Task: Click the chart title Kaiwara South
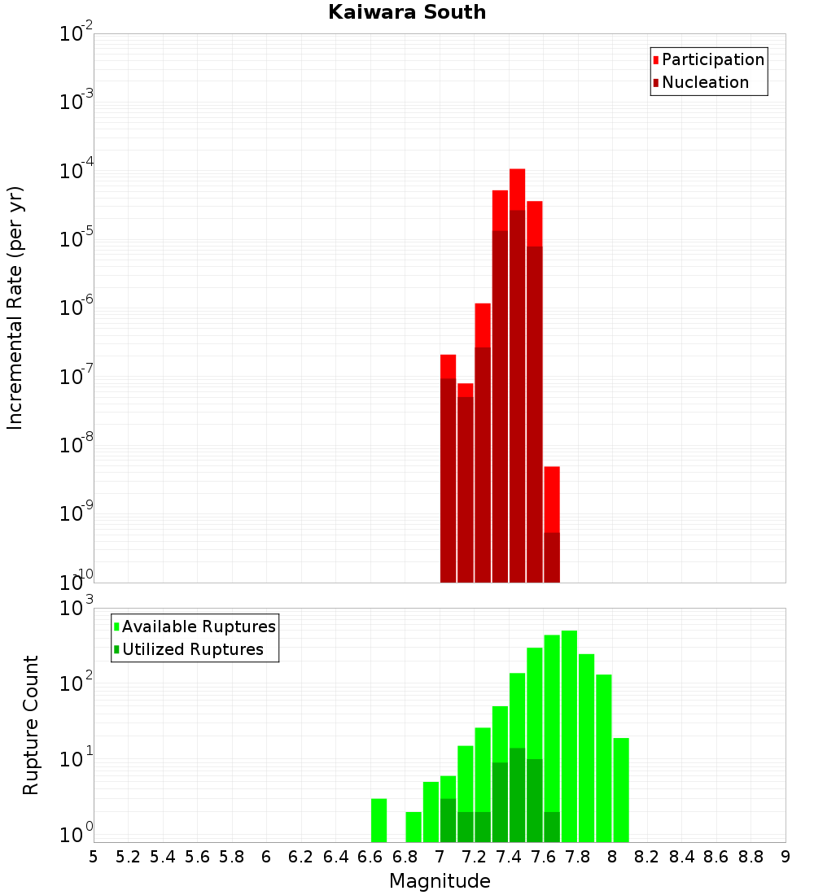407,12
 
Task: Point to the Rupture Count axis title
31,725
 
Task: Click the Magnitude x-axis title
440,881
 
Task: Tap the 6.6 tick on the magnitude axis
370,856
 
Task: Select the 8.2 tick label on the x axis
647,856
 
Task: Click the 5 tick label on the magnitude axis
94,856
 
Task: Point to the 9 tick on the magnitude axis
786,856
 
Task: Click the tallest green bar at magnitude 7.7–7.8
569,732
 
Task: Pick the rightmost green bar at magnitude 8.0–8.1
621,789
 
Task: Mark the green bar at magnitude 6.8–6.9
414,827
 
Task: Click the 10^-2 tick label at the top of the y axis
77,34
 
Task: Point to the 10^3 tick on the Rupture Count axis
77,608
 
